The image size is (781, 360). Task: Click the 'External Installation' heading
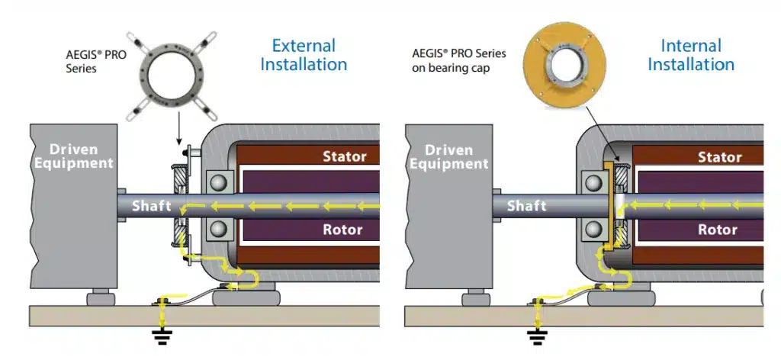(x=304, y=55)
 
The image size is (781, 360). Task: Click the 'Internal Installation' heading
(x=691, y=55)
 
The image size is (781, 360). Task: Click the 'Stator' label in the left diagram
(x=345, y=157)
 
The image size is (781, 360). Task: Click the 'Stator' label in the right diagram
(x=720, y=157)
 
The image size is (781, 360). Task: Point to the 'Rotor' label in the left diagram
(x=344, y=230)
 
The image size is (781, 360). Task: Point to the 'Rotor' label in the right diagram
(x=718, y=230)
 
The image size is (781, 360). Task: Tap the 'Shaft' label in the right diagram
(x=526, y=206)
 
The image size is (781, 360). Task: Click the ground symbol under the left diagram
(x=161, y=337)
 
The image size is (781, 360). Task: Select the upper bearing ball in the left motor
(x=220, y=183)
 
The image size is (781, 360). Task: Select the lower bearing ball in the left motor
(x=220, y=230)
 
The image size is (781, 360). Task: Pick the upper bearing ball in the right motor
(x=595, y=183)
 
